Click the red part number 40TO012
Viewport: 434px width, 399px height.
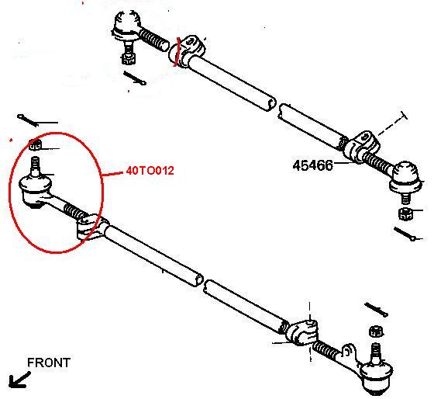click(x=150, y=170)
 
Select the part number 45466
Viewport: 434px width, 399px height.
click(x=315, y=165)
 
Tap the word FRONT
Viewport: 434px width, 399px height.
click(x=48, y=363)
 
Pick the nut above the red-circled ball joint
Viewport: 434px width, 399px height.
click(x=35, y=144)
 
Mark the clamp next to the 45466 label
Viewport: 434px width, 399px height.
click(x=361, y=147)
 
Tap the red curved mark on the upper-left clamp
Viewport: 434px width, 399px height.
click(x=180, y=50)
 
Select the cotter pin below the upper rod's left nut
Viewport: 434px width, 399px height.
click(x=137, y=79)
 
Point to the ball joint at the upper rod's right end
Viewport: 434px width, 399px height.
click(x=405, y=178)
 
